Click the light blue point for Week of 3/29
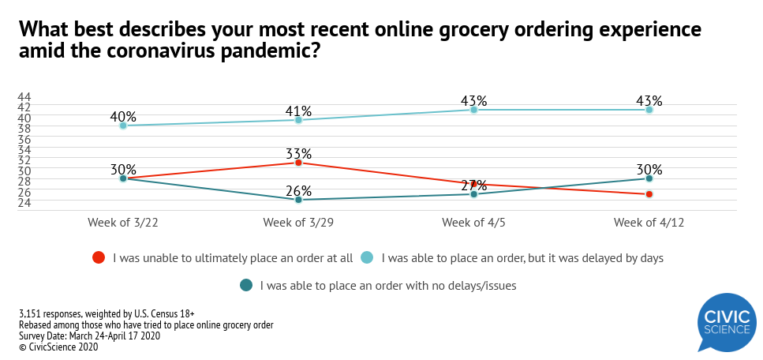(x=298, y=120)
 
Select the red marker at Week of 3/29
(x=298, y=163)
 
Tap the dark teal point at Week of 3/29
(x=298, y=200)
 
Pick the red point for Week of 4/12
(x=649, y=194)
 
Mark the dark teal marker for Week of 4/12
(x=649, y=178)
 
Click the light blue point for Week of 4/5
(x=473, y=110)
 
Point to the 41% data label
(x=298, y=111)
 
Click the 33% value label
(x=298, y=154)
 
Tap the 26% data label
(x=298, y=191)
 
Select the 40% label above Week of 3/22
(x=123, y=117)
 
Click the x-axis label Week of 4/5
(x=473, y=223)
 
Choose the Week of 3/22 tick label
(x=123, y=223)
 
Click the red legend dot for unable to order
(x=99, y=257)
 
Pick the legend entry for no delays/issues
(x=387, y=285)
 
